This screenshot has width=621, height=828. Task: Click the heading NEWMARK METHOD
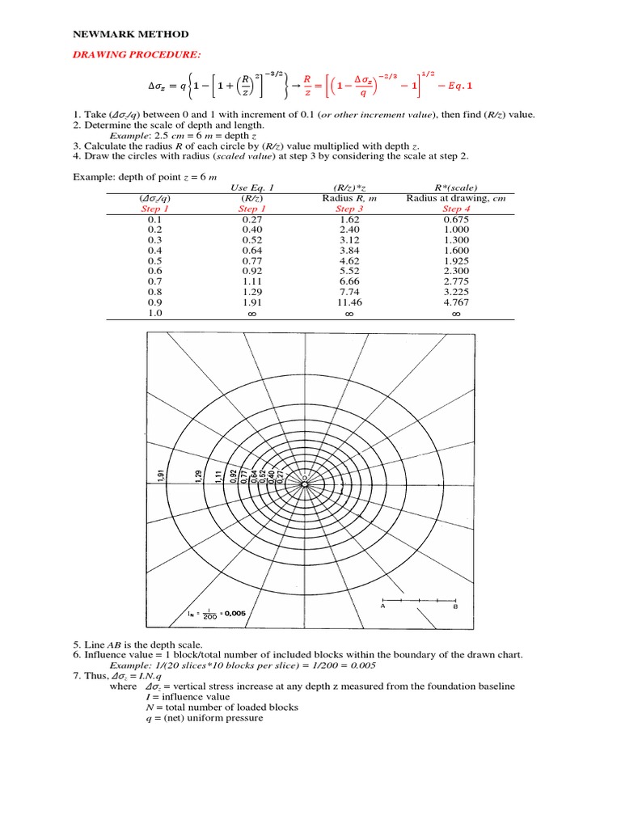click(131, 35)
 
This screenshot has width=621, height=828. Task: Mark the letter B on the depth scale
click(455, 607)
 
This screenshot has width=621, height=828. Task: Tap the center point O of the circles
click(304, 479)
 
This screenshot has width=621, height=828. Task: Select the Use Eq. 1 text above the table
click(250, 188)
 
